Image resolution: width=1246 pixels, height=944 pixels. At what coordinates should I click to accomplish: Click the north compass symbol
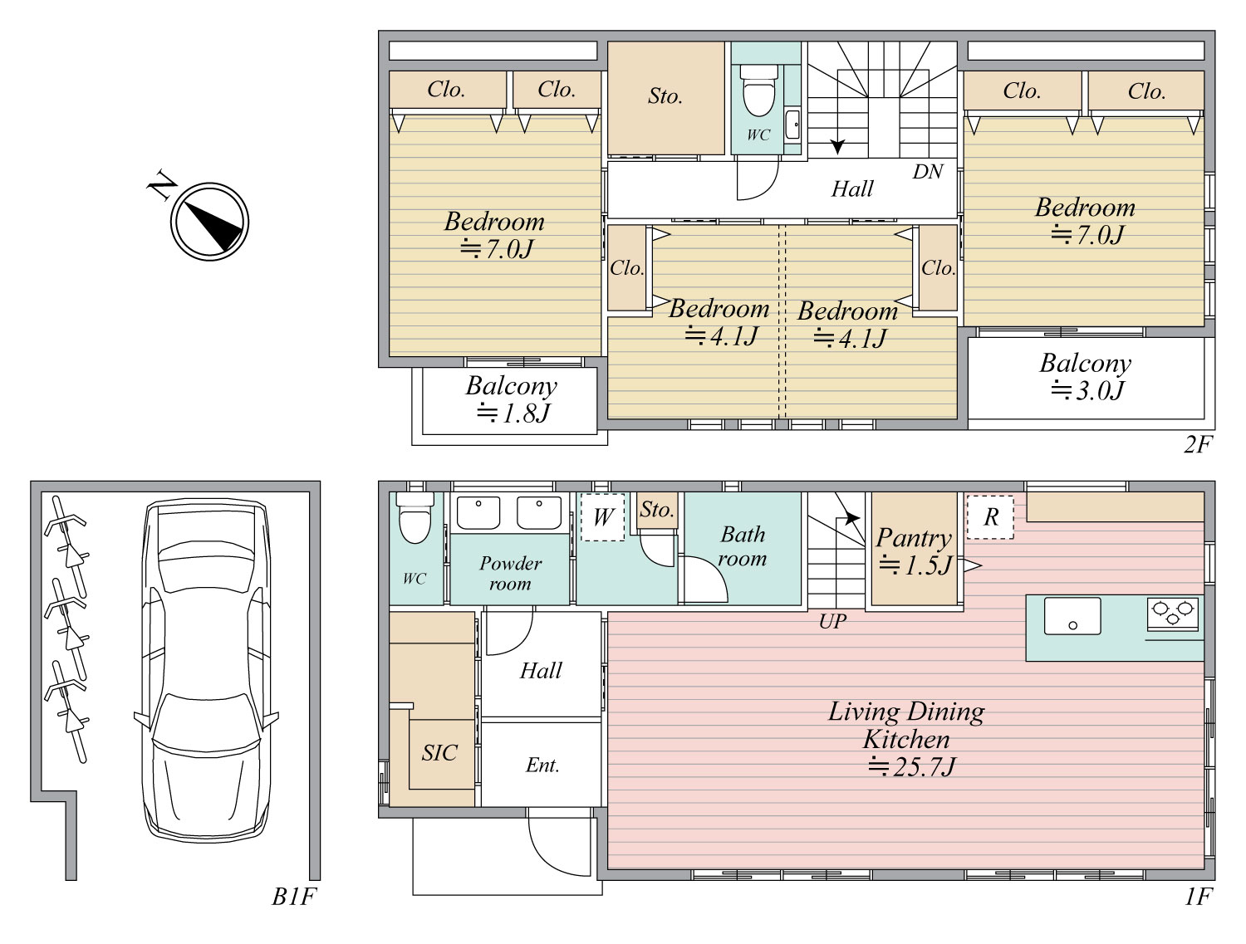209,221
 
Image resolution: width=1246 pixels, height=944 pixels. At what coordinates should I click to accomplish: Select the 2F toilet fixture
759,90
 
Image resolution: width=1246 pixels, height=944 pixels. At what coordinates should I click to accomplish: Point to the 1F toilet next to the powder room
415,516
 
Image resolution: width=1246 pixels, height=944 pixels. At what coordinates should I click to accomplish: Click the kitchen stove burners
1173,614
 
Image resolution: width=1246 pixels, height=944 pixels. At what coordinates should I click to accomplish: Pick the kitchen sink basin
1072,615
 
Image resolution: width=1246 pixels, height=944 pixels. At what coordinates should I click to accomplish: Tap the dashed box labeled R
990,517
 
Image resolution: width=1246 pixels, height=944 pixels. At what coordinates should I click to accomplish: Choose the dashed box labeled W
602,517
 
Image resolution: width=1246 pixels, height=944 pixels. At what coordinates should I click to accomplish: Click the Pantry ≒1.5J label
914,550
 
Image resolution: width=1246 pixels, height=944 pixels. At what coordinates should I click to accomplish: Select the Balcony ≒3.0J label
1086,377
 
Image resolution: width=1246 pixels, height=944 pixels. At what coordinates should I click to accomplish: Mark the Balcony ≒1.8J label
512,399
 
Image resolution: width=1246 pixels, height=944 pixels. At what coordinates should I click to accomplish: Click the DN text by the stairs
928,171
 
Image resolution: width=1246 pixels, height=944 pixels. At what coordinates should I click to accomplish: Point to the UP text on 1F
832,622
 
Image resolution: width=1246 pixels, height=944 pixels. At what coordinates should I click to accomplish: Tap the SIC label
439,753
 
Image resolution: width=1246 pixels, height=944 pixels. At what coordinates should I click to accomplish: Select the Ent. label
542,765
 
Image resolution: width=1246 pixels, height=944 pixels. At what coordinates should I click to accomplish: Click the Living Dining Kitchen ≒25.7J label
906,739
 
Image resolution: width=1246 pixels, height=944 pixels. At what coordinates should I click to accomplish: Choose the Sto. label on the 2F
665,95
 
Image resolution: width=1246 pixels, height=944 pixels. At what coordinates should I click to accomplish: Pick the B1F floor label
293,897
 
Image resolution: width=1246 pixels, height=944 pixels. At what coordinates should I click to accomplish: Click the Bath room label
743,546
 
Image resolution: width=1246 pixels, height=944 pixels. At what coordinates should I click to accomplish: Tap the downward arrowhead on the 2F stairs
837,146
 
